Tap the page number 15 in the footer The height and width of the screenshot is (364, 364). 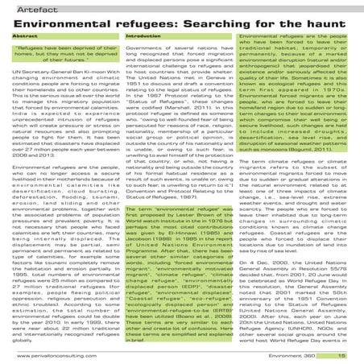341,355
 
